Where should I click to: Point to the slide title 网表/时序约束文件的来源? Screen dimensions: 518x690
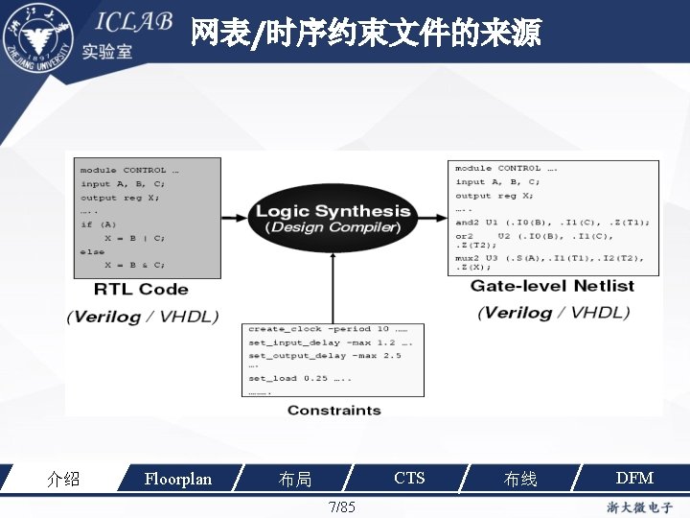[x=365, y=34]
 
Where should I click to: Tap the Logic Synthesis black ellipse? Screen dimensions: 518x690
[x=333, y=218]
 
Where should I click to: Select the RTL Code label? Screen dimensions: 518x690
[x=141, y=289]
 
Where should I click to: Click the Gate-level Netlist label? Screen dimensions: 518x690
[x=552, y=286]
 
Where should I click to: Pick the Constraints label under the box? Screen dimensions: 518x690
[x=333, y=411]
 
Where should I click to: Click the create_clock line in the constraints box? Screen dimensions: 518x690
[x=326, y=329]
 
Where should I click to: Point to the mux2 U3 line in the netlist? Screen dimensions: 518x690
[x=549, y=257]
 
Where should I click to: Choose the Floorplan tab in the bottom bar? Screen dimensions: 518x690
[x=177, y=478]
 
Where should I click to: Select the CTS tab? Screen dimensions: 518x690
[x=409, y=478]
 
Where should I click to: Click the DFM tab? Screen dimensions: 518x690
[x=633, y=478]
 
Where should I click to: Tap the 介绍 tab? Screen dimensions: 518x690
[x=63, y=479]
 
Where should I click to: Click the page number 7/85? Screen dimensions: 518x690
[x=341, y=506]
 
